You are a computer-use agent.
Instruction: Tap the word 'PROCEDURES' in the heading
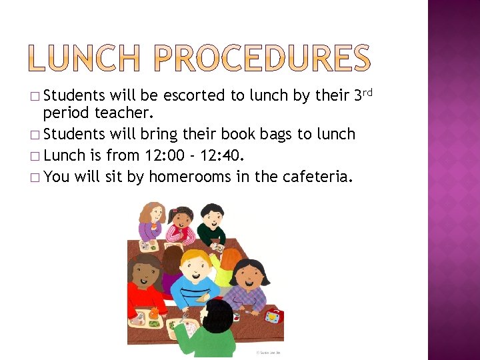(x=261, y=58)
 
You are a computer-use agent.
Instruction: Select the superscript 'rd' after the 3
(x=367, y=91)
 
